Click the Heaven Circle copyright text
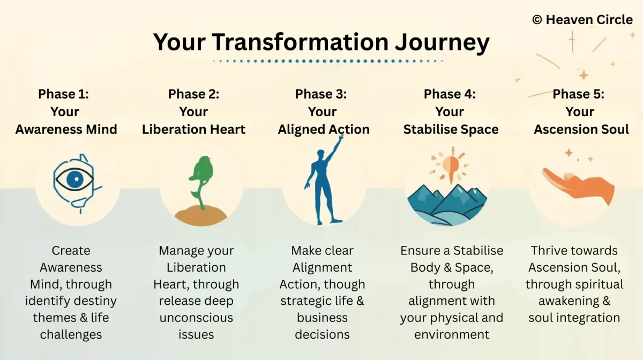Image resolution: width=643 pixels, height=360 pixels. coord(582,20)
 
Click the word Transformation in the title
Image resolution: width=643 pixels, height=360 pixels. coord(300,42)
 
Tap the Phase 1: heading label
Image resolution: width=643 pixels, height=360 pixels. coord(63,94)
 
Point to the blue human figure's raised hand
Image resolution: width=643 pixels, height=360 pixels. coord(341,138)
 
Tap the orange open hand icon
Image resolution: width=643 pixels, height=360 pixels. coord(578,186)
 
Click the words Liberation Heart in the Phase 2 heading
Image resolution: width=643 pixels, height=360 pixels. coord(194,129)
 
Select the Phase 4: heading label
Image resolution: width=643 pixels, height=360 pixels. coord(450,94)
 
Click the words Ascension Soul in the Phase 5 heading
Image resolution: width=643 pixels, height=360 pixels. coord(581,129)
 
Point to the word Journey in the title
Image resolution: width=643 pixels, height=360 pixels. coord(443,43)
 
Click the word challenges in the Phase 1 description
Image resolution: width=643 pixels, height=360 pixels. coord(71,335)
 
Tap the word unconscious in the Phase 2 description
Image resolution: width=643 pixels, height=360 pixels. coord(196,318)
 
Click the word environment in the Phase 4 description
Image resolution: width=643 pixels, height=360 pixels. coord(452,335)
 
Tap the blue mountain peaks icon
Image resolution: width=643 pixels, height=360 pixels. coord(447,205)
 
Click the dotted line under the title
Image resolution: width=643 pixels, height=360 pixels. coord(328,61)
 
